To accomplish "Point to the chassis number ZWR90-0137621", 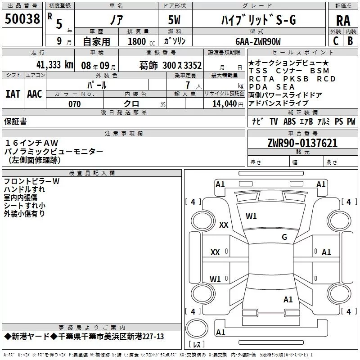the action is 302,143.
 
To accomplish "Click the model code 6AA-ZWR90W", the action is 258,41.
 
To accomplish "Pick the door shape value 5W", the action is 175,20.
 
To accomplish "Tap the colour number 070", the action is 74,104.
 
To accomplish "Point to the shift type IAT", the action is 13,94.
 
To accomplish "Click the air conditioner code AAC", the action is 34,94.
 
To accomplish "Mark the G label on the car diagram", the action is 284,237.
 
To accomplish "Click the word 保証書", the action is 15,121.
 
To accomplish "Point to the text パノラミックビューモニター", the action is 54,151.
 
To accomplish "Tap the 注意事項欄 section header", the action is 123,133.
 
